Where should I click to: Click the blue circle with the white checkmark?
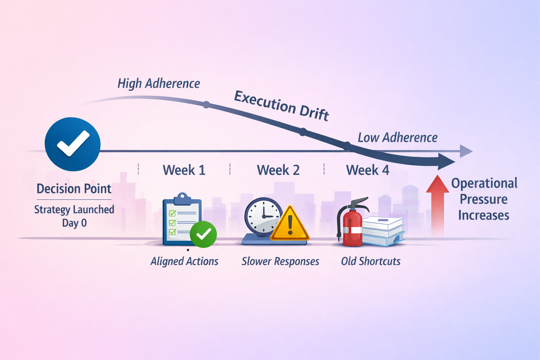coord(72,144)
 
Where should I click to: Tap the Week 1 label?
coord(184,170)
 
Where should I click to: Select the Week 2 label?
coord(278,170)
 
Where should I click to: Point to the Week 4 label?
coord(368,170)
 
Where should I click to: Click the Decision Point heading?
coord(74,189)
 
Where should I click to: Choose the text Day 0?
coord(74,223)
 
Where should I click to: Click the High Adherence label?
coord(159,84)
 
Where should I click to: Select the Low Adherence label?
coord(397,137)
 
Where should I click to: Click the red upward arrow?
coord(437,204)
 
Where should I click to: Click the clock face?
coord(263,215)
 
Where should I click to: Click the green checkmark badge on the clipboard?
coord(203,234)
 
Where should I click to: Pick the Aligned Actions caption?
coord(184,261)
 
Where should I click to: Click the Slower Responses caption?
coord(280,261)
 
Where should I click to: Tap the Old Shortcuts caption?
coord(371,261)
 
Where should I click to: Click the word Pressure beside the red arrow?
coord(483,199)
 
